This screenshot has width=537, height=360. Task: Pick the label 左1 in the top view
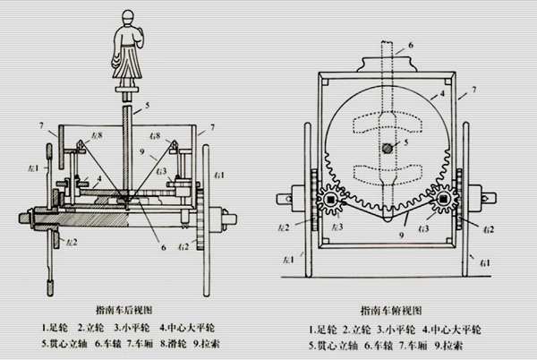[x=287, y=261]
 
